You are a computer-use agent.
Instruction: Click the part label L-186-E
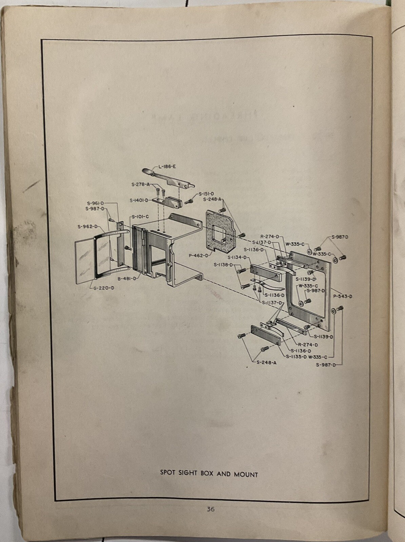click(167, 166)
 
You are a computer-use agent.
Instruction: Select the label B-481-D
click(127, 278)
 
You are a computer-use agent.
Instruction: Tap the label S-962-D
click(87, 226)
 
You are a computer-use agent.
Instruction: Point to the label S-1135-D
click(296, 356)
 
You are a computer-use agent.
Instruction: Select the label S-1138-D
click(223, 264)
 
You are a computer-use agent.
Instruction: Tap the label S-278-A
click(140, 185)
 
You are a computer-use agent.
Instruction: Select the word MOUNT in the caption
click(246, 474)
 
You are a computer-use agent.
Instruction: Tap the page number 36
click(211, 509)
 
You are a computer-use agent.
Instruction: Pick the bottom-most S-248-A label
click(266, 362)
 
